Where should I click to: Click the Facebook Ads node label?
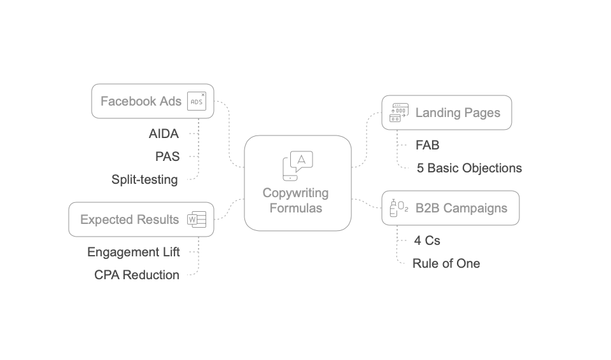click(x=137, y=101)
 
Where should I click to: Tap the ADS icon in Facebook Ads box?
click(x=197, y=101)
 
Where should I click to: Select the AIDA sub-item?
click(x=164, y=134)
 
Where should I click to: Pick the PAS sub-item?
click(x=167, y=156)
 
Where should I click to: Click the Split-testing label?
click(x=144, y=179)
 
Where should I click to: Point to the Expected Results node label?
click(x=129, y=219)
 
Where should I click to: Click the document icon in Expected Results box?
click(x=197, y=219)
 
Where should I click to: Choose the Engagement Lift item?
click(x=134, y=252)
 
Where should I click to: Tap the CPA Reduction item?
click(x=136, y=275)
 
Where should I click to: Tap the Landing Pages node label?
click(x=458, y=113)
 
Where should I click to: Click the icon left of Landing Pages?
click(x=399, y=113)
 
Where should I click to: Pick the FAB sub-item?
click(x=427, y=145)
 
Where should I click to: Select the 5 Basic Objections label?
click(x=469, y=168)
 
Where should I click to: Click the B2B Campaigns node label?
click(x=461, y=208)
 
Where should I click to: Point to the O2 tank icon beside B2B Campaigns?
click(x=398, y=208)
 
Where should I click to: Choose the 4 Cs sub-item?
click(x=427, y=240)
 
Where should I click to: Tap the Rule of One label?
click(x=446, y=263)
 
